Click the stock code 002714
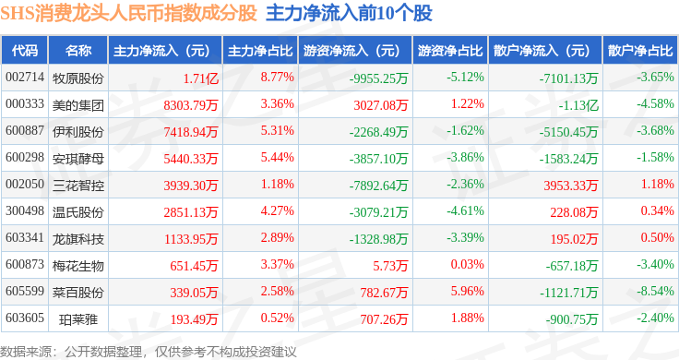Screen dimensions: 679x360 click(x=25, y=78)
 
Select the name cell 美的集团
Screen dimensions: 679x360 click(x=77, y=105)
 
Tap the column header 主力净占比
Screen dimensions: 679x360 click(x=260, y=51)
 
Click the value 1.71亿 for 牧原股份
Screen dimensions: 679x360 click(x=200, y=78)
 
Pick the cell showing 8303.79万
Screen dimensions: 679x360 click(x=191, y=105)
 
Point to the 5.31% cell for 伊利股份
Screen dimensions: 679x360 click(x=277, y=130)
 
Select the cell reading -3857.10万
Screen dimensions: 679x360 click(x=378, y=159)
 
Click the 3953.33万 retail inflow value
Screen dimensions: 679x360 click(x=571, y=186)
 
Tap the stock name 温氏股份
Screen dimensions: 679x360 click(x=77, y=212)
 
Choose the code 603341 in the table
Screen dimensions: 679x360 click(x=25, y=237)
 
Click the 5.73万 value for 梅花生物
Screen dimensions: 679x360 click(x=390, y=266)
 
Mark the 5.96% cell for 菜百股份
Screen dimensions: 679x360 click(x=467, y=291)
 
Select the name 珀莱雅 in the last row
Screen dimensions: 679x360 click(x=77, y=319)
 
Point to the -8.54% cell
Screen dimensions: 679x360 click(x=655, y=291)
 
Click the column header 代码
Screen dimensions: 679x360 click(x=25, y=51)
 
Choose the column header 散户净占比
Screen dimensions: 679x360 click(x=640, y=51)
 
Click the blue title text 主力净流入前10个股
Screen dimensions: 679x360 click(x=349, y=13)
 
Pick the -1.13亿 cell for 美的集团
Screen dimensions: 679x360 click(x=578, y=105)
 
